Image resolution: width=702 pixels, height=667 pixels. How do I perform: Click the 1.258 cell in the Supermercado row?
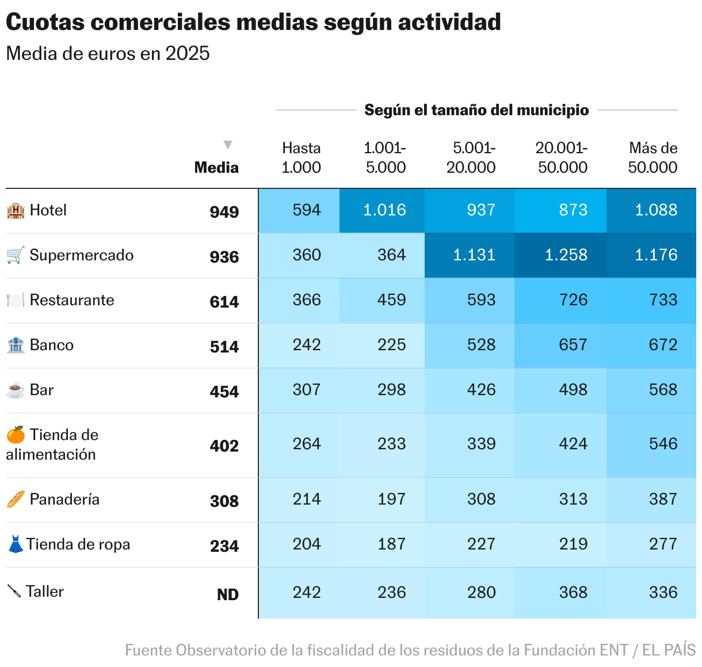point(566,255)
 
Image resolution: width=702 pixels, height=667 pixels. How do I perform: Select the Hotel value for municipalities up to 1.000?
point(306,210)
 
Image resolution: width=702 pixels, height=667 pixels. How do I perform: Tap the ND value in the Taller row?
point(227,594)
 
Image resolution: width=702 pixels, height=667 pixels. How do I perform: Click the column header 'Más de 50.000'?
point(653,157)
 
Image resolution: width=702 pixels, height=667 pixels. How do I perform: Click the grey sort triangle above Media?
point(228,145)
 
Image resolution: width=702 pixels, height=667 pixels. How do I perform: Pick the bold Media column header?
point(216,168)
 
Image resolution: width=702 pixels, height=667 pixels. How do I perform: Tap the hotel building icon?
point(16,210)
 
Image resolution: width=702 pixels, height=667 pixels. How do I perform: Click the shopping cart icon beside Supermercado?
point(16,255)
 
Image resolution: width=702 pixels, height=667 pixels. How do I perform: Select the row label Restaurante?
point(72,300)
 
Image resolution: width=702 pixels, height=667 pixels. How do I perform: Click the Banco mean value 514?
point(224,346)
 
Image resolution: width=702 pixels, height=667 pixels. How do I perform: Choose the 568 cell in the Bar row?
point(663,389)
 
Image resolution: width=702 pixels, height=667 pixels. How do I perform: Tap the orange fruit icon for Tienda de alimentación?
point(16,434)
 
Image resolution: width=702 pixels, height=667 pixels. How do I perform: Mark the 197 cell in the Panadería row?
point(391,499)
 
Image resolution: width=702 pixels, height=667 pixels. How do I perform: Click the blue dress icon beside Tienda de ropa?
point(16,544)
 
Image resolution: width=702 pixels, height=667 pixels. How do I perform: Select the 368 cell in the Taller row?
point(573,592)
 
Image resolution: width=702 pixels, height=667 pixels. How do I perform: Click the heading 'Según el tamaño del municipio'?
point(476,110)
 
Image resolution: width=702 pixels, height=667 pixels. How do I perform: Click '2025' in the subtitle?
point(187,54)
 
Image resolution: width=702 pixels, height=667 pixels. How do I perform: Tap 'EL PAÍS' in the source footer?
point(669,650)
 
